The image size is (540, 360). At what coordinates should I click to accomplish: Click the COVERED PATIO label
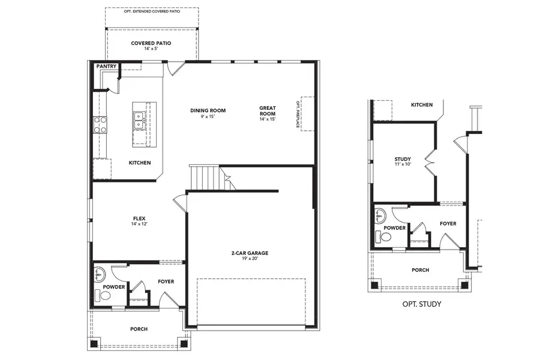pos(151,43)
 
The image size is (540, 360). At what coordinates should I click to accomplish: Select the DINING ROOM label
pos(208,110)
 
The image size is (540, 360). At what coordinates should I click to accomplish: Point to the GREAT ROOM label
pos(268,111)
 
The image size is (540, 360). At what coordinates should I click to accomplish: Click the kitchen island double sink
pos(140,119)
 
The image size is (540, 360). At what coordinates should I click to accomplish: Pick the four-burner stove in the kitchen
pos(100,125)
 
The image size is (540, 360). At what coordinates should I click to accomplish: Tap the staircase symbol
pos(207,178)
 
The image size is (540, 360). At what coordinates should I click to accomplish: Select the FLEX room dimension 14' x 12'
pos(139,224)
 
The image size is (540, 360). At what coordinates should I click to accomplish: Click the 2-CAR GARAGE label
pos(250,253)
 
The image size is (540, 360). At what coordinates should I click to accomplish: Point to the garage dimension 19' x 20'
pos(250,260)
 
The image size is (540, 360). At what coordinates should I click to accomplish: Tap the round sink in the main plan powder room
pos(99,275)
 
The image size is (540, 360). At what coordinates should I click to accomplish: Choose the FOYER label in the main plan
pos(166,281)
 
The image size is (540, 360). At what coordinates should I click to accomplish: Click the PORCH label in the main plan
pos(139,329)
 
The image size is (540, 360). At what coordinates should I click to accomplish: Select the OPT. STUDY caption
pos(421,304)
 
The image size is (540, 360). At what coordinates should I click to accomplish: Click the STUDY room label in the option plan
pos(403,159)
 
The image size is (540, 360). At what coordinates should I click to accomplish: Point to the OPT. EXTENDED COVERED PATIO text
pos(152,11)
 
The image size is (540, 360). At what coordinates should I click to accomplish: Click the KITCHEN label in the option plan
pos(421,105)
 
